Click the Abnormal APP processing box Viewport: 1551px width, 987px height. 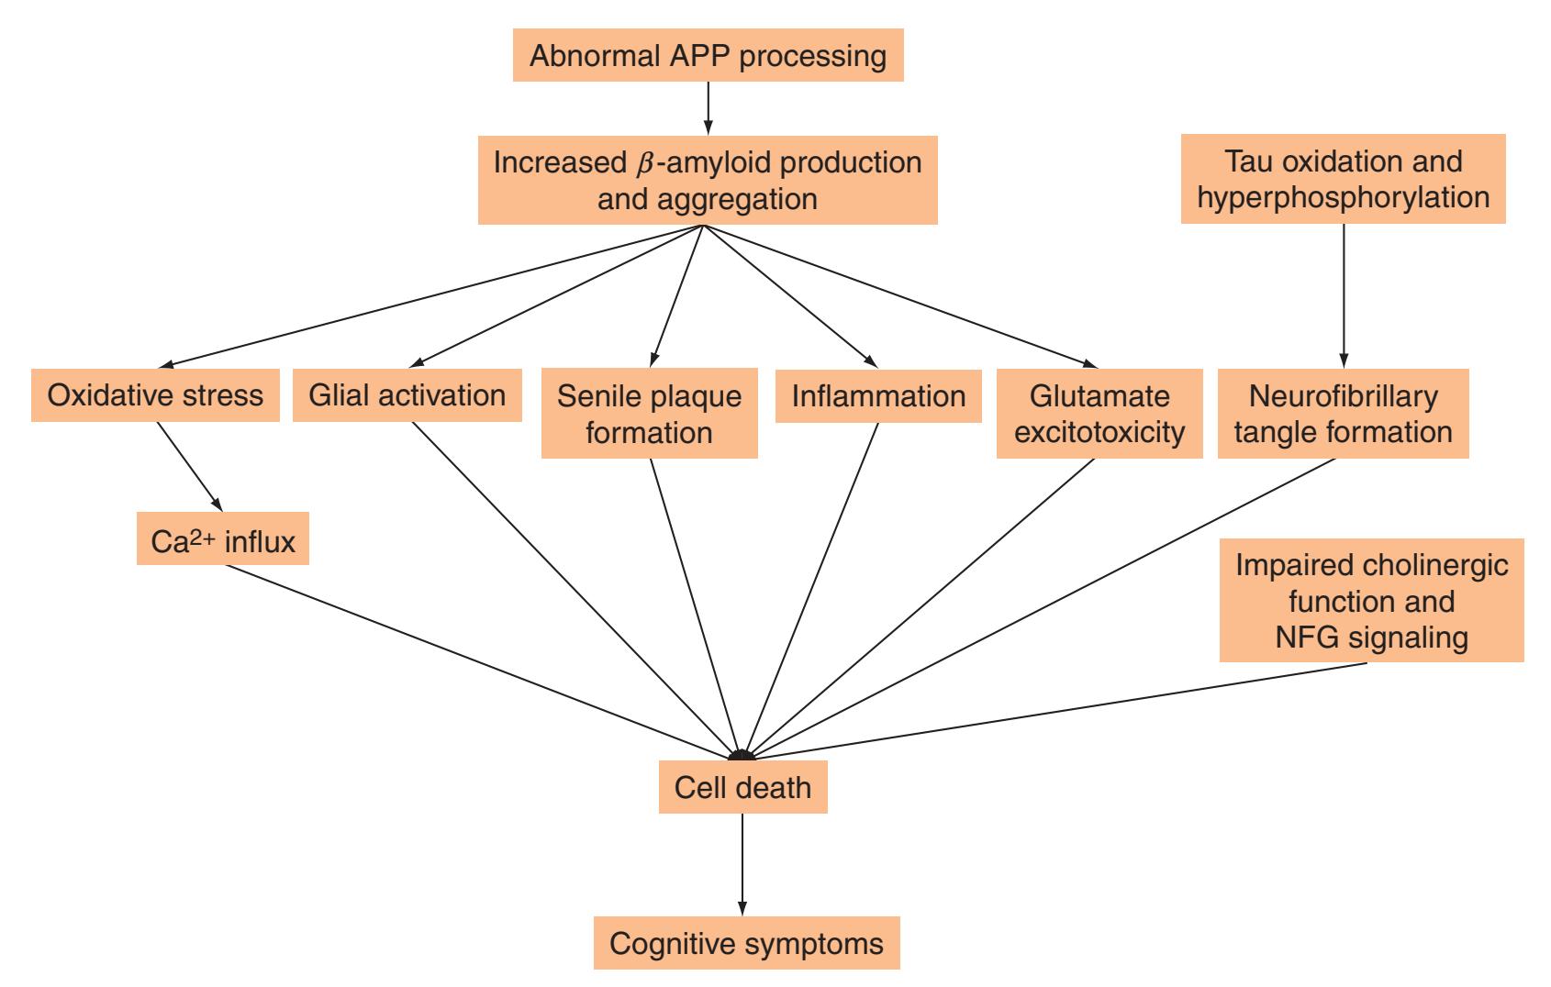[708, 55]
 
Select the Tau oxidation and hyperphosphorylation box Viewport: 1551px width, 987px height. [1344, 179]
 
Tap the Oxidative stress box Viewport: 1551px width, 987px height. [155, 395]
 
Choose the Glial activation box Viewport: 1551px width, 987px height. [407, 395]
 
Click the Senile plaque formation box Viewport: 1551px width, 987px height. [650, 413]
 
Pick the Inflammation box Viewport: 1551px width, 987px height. [878, 396]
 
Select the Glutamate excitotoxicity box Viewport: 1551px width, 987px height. [1099, 413]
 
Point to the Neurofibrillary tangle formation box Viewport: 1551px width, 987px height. [1344, 413]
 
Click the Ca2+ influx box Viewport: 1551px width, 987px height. [223, 538]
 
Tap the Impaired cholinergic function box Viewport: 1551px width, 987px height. [1372, 600]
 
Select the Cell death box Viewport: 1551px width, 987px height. [743, 787]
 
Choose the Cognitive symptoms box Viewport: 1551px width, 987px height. [746, 943]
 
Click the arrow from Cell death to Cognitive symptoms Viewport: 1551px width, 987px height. [742, 864]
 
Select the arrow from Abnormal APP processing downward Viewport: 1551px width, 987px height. [708, 108]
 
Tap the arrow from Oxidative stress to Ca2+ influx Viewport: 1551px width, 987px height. [190, 467]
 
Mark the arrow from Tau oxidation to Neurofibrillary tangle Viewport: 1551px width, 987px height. [1344, 296]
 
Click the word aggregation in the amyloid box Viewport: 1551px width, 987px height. [738, 200]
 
